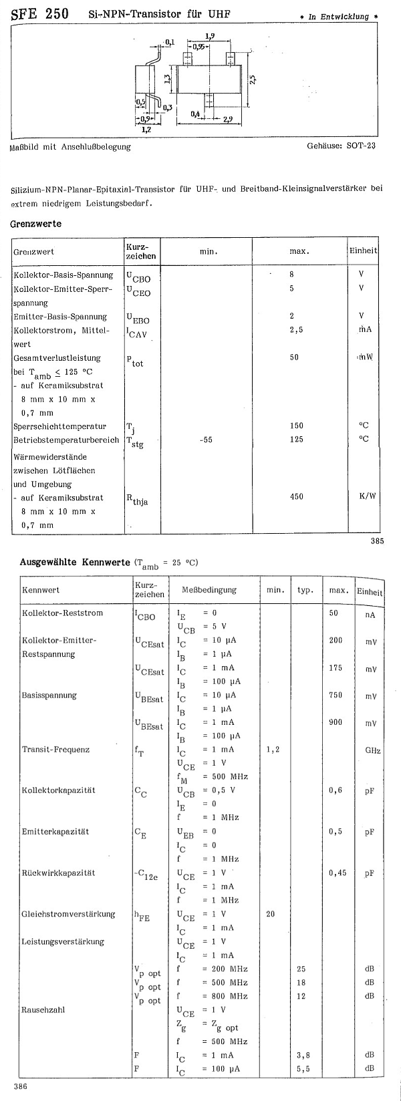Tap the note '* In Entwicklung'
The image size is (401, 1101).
pos(343,17)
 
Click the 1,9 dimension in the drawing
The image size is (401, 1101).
pos(210,36)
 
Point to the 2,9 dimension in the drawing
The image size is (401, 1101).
pos(228,119)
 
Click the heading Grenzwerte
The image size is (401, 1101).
pos(36,224)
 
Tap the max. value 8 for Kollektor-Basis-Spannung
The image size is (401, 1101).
pos(291,274)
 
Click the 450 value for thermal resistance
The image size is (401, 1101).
pos(296,496)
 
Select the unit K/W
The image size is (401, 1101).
pos(364,496)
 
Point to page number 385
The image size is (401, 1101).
pos(377,541)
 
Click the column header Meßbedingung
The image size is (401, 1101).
pos(209,590)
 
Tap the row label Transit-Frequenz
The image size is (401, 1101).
pos(55,750)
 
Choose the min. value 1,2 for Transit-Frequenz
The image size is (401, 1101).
pos(273,750)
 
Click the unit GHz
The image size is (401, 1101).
pos(372,750)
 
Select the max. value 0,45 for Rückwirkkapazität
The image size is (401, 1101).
pos(338,873)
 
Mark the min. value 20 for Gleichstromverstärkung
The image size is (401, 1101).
pos(270,914)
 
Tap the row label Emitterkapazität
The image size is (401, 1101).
pos(55,832)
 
